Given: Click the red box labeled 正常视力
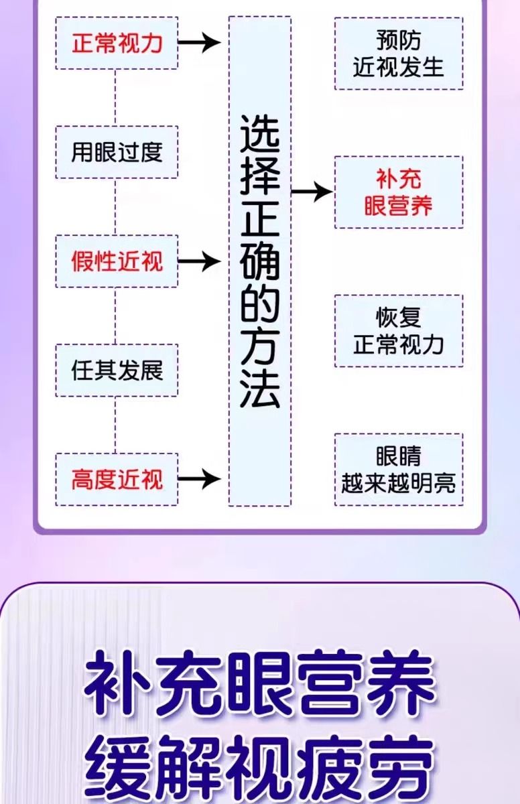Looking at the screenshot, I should pyautogui.click(x=117, y=44).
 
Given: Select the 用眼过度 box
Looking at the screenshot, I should pyautogui.click(x=117, y=152).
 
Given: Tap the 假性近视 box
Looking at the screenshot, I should pyautogui.click(x=117, y=261).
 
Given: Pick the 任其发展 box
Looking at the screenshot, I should pyautogui.click(x=117, y=371).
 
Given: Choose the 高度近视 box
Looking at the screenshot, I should pyautogui.click(x=117, y=479).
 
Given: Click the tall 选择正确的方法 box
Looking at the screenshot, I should pyautogui.click(x=260, y=261).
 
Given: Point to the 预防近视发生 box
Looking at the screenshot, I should pyautogui.click(x=399, y=54).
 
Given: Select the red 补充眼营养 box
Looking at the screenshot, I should pyautogui.click(x=399, y=192).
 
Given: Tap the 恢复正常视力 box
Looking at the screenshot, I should pyautogui.click(x=399, y=331).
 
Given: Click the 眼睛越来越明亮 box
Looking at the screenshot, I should pyautogui.click(x=399, y=470).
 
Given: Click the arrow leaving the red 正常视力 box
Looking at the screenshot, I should pyautogui.click(x=200, y=44).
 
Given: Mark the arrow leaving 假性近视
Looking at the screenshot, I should pyautogui.click(x=200, y=261).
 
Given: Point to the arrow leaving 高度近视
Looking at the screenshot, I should pyautogui.click(x=200, y=479).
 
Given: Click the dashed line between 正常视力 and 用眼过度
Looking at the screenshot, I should pyautogui.click(x=116, y=97).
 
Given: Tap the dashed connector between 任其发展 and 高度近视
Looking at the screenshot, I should pyautogui.click(x=116, y=425).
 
